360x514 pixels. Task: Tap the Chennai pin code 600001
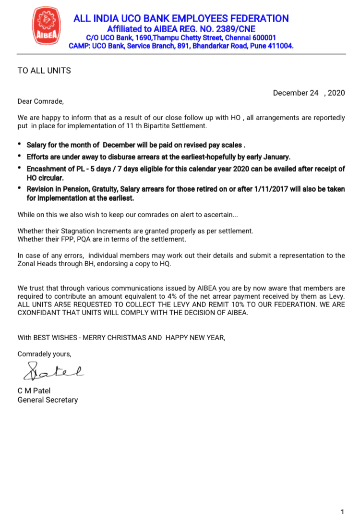pyautogui.click(x=264, y=37)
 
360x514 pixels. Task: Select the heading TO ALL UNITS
pyautogui.click(x=44, y=71)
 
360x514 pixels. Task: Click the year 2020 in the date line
pyautogui.click(x=336, y=93)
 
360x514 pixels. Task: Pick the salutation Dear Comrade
pyautogui.click(x=40, y=101)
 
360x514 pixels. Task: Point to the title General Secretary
pyautogui.click(x=48, y=400)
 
